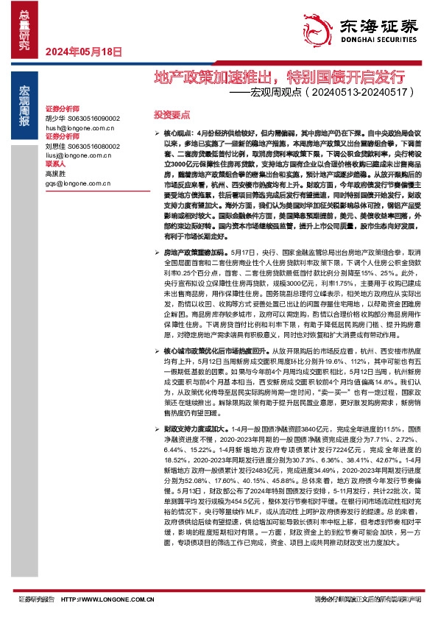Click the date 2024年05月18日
(83, 51)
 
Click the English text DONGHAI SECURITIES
(375, 42)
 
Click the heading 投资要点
(172, 116)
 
